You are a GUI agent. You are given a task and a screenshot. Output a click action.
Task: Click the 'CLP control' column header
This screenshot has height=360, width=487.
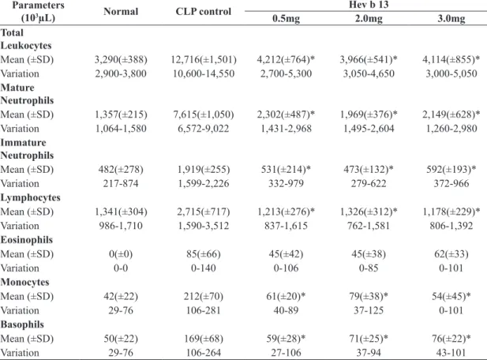tap(204, 12)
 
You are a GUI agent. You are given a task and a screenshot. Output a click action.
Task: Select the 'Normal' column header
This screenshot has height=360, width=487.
tap(121, 12)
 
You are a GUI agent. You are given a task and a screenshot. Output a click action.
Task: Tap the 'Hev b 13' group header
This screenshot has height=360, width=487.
tap(369, 5)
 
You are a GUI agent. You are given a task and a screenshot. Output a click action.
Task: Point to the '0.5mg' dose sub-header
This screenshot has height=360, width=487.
tap(286, 18)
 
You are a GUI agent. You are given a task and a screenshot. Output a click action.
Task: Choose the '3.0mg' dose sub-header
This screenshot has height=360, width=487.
tap(451, 18)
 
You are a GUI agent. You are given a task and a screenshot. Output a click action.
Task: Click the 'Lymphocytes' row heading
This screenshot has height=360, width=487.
tap(31, 197)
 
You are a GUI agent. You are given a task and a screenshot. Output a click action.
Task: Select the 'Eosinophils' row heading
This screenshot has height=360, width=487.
tap(27, 240)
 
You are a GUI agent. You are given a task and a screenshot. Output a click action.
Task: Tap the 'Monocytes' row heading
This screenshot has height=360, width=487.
tap(24, 282)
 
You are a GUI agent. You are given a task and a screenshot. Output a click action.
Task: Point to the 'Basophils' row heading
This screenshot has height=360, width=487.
tap(22, 324)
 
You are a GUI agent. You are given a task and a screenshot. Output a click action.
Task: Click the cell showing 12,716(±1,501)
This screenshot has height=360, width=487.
tap(204, 59)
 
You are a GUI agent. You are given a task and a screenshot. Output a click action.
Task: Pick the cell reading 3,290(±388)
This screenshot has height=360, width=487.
tap(121, 59)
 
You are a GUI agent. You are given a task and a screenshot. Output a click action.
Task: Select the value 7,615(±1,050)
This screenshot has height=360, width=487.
tap(204, 114)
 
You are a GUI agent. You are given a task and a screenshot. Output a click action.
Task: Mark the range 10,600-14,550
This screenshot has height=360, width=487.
tap(204, 73)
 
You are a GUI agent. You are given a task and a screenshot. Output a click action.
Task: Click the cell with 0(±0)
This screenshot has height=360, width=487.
tap(121, 254)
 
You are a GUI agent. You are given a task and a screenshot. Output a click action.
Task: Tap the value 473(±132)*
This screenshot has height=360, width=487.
tap(369, 170)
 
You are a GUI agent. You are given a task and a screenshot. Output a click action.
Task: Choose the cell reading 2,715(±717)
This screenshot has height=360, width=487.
tap(204, 212)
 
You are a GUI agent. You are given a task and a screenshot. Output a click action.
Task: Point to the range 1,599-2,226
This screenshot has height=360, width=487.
tap(204, 184)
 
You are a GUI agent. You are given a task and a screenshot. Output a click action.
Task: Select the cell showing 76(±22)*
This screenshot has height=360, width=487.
tap(451, 339)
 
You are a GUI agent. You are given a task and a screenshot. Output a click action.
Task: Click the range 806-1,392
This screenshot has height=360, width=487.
tap(451, 226)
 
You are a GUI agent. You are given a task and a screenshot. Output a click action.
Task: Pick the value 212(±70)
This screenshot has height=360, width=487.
tap(204, 296)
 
